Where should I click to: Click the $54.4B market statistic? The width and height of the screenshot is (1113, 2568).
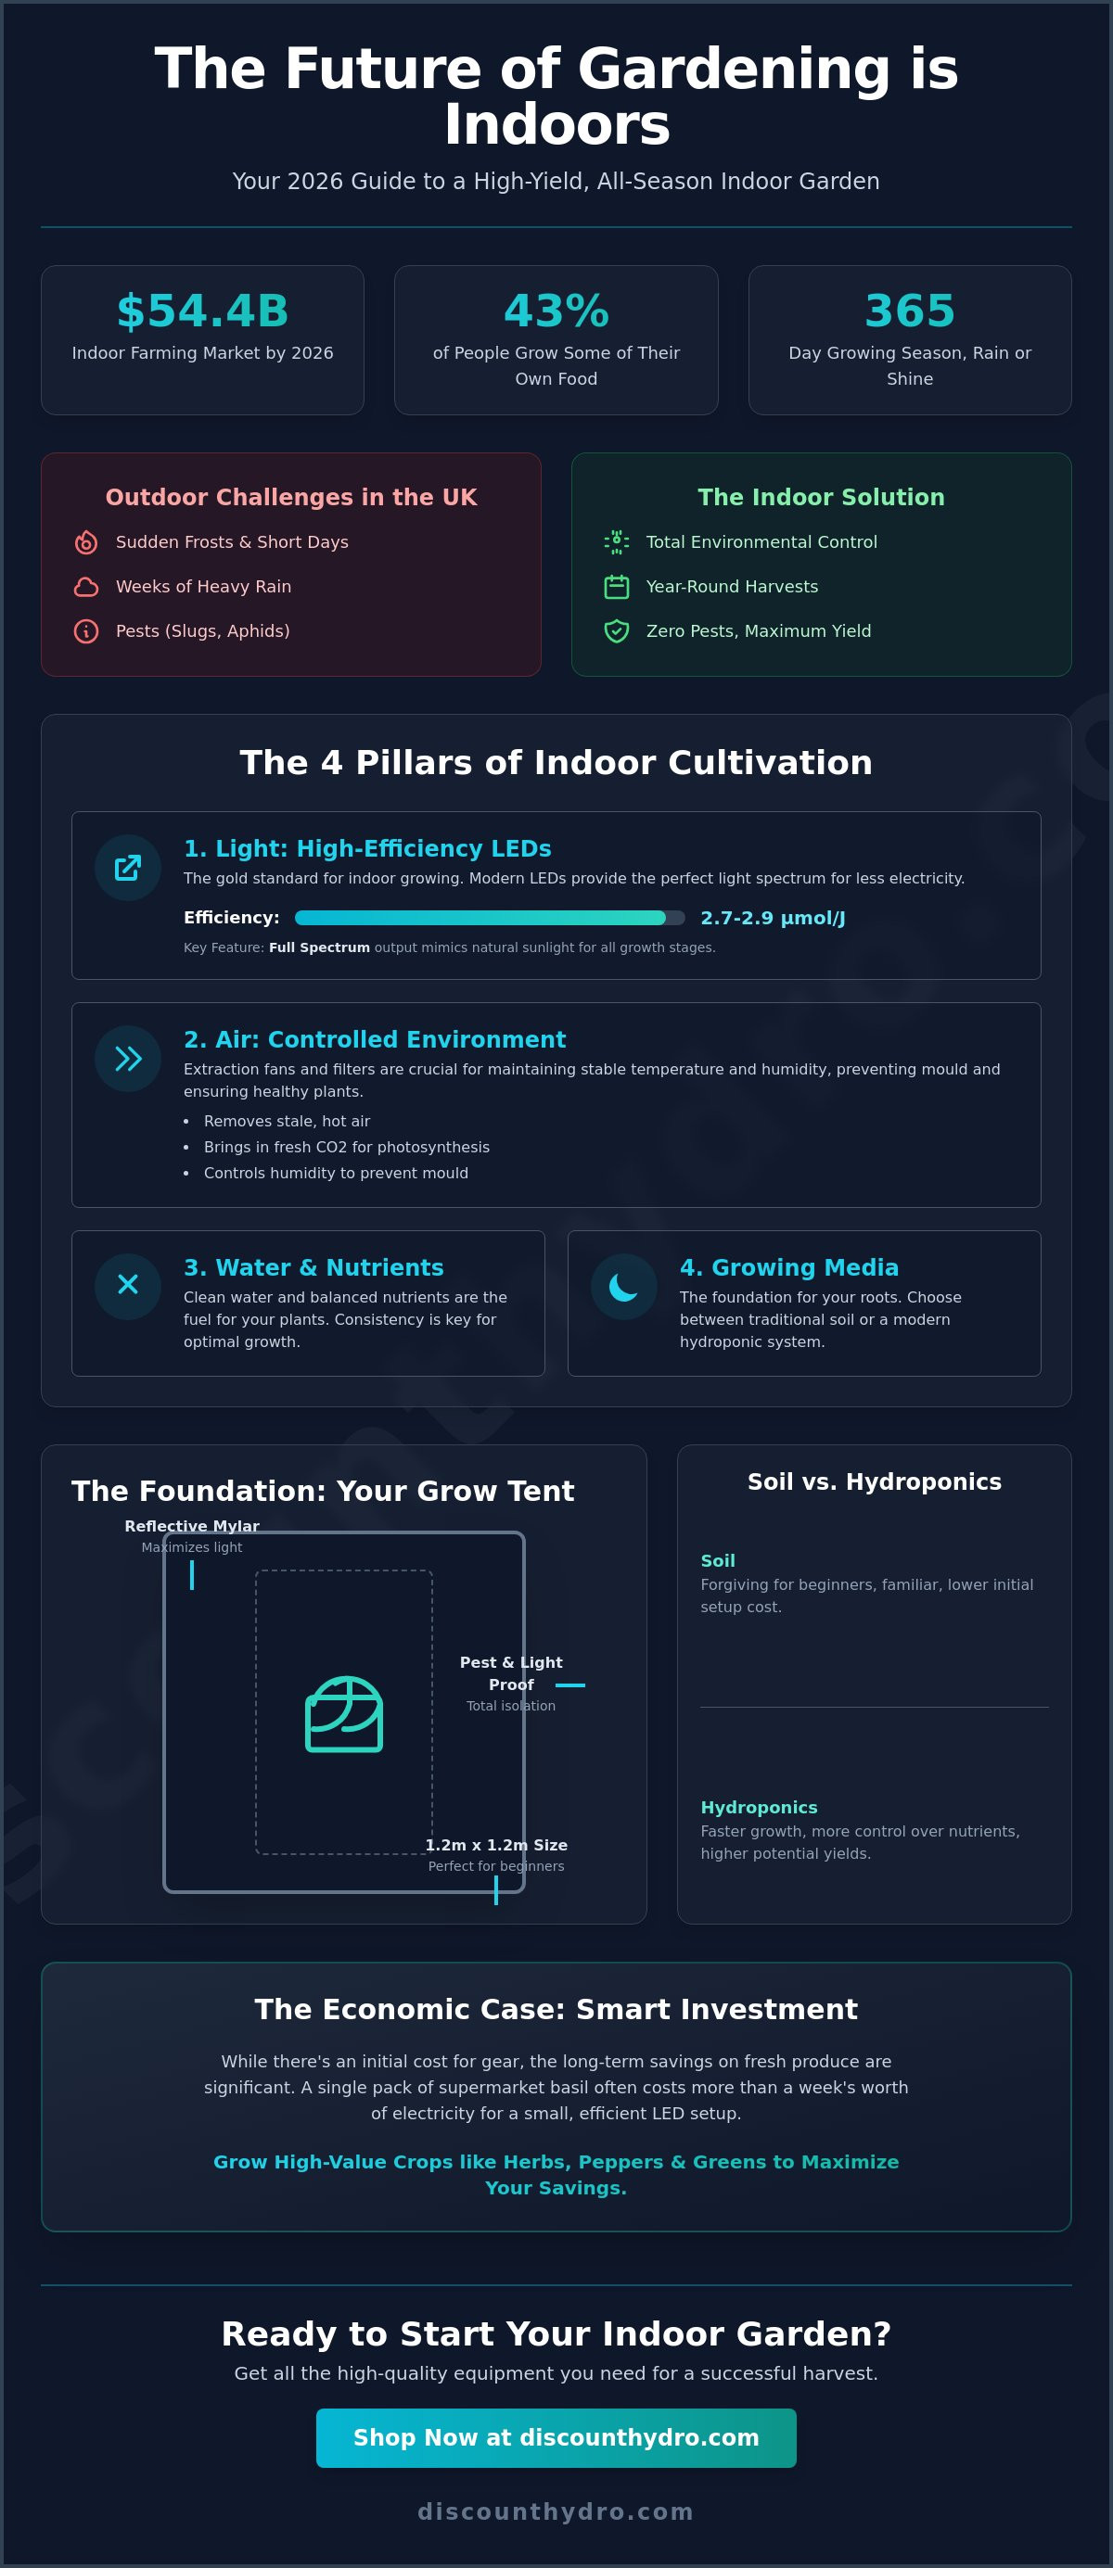tap(202, 311)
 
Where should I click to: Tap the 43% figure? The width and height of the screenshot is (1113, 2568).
tap(556, 311)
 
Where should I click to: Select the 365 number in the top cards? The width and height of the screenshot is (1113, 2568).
tap(910, 311)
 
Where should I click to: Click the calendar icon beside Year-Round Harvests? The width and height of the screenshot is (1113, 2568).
tap(617, 587)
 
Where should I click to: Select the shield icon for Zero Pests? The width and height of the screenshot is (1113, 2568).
tap(617, 631)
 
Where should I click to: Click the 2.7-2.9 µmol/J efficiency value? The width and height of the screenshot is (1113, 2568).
tap(773, 918)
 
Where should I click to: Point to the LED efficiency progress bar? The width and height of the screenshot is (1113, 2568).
tap(490, 918)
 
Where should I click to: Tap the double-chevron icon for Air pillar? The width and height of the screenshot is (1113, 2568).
tap(128, 1059)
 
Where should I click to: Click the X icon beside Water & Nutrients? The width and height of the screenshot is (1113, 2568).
tap(128, 1285)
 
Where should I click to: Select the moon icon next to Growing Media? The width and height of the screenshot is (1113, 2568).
tap(623, 1287)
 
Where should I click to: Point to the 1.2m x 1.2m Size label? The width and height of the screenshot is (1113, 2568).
tap(496, 1845)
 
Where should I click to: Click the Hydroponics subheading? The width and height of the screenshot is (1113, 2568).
tap(759, 1808)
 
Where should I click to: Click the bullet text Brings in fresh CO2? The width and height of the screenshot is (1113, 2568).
tap(347, 1148)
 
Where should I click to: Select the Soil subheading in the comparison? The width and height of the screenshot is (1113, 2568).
tap(718, 1561)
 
